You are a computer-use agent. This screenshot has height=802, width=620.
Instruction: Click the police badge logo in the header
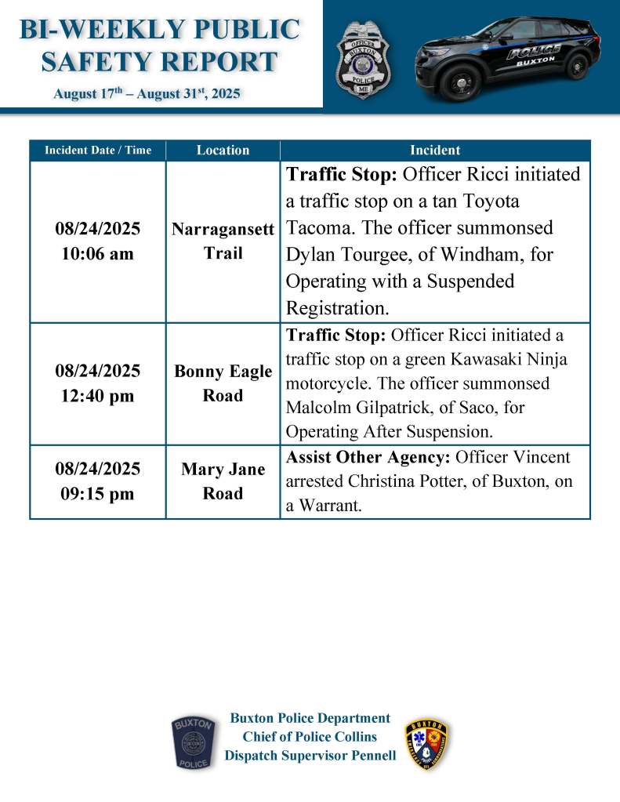tap(362, 60)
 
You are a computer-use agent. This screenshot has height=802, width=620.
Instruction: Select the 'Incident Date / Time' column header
tap(98, 150)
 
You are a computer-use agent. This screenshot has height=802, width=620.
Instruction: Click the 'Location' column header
tap(223, 150)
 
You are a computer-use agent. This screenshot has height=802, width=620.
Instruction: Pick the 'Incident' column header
tap(435, 150)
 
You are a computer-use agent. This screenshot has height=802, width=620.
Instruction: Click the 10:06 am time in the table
tap(98, 254)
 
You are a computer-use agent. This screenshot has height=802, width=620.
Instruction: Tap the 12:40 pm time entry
tap(98, 396)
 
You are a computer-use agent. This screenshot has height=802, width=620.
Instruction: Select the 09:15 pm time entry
tap(98, 494)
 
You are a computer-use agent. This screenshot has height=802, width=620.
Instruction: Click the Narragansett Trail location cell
tap(223, 241)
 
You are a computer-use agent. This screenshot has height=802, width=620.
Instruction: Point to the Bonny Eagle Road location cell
tap(223, 383)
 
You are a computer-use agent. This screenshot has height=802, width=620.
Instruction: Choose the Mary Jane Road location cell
tap(223, 481)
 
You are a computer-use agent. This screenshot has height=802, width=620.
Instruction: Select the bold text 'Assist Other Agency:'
tap(368, 457)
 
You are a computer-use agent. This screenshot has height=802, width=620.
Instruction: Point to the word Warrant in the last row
tap(331, 506)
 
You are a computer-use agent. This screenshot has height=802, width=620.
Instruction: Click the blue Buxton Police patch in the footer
tap(192, 742)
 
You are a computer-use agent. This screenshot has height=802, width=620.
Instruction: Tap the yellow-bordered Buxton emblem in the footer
tap(427, 744)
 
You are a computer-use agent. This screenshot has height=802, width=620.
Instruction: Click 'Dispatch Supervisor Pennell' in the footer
tap(310, 756)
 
